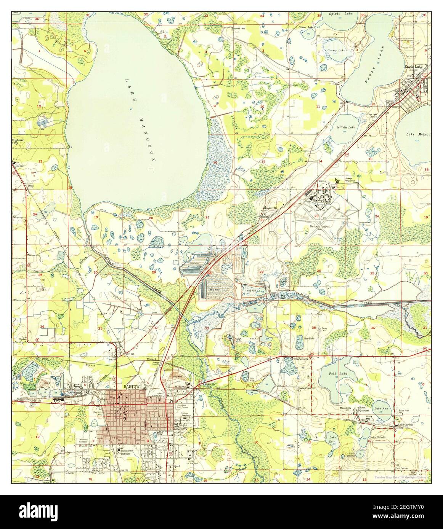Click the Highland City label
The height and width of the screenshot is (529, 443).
[18, 142]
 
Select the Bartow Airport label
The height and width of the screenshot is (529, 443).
[319, 226]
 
